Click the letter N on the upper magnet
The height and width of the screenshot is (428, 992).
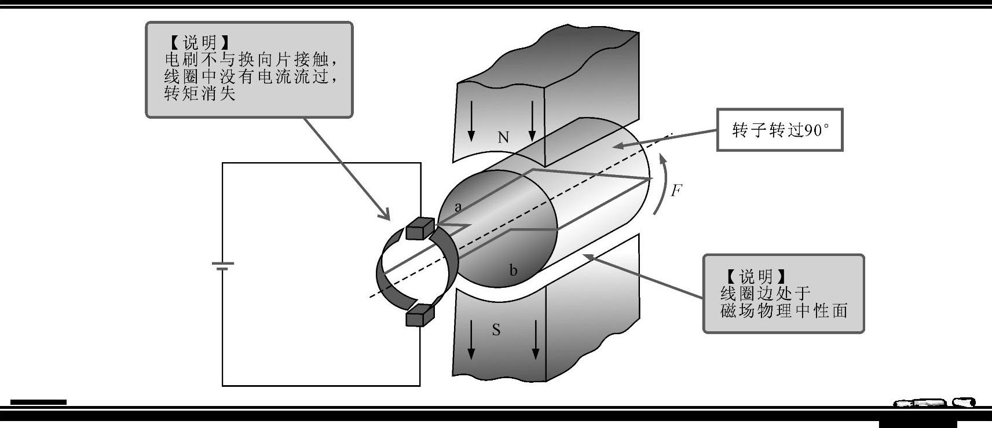(x=503, y=137)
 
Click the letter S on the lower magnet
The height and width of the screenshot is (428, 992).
(x=496, y=330)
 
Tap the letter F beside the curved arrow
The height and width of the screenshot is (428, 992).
(x=676, y=191)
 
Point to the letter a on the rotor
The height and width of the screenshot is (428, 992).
(x=458, y=207)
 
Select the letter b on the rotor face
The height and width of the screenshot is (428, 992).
(x=513, y=270)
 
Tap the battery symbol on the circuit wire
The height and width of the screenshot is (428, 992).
(x=223, y=266)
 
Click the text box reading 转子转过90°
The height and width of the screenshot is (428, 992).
(x=779, y=130)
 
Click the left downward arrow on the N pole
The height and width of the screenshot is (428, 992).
(x=471, y=122)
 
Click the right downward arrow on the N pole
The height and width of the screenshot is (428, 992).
(x=532, y=122)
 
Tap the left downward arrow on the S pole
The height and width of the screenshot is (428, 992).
(x=471, y=339)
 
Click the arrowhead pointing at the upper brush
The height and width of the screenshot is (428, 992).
(x=385, y=215)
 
